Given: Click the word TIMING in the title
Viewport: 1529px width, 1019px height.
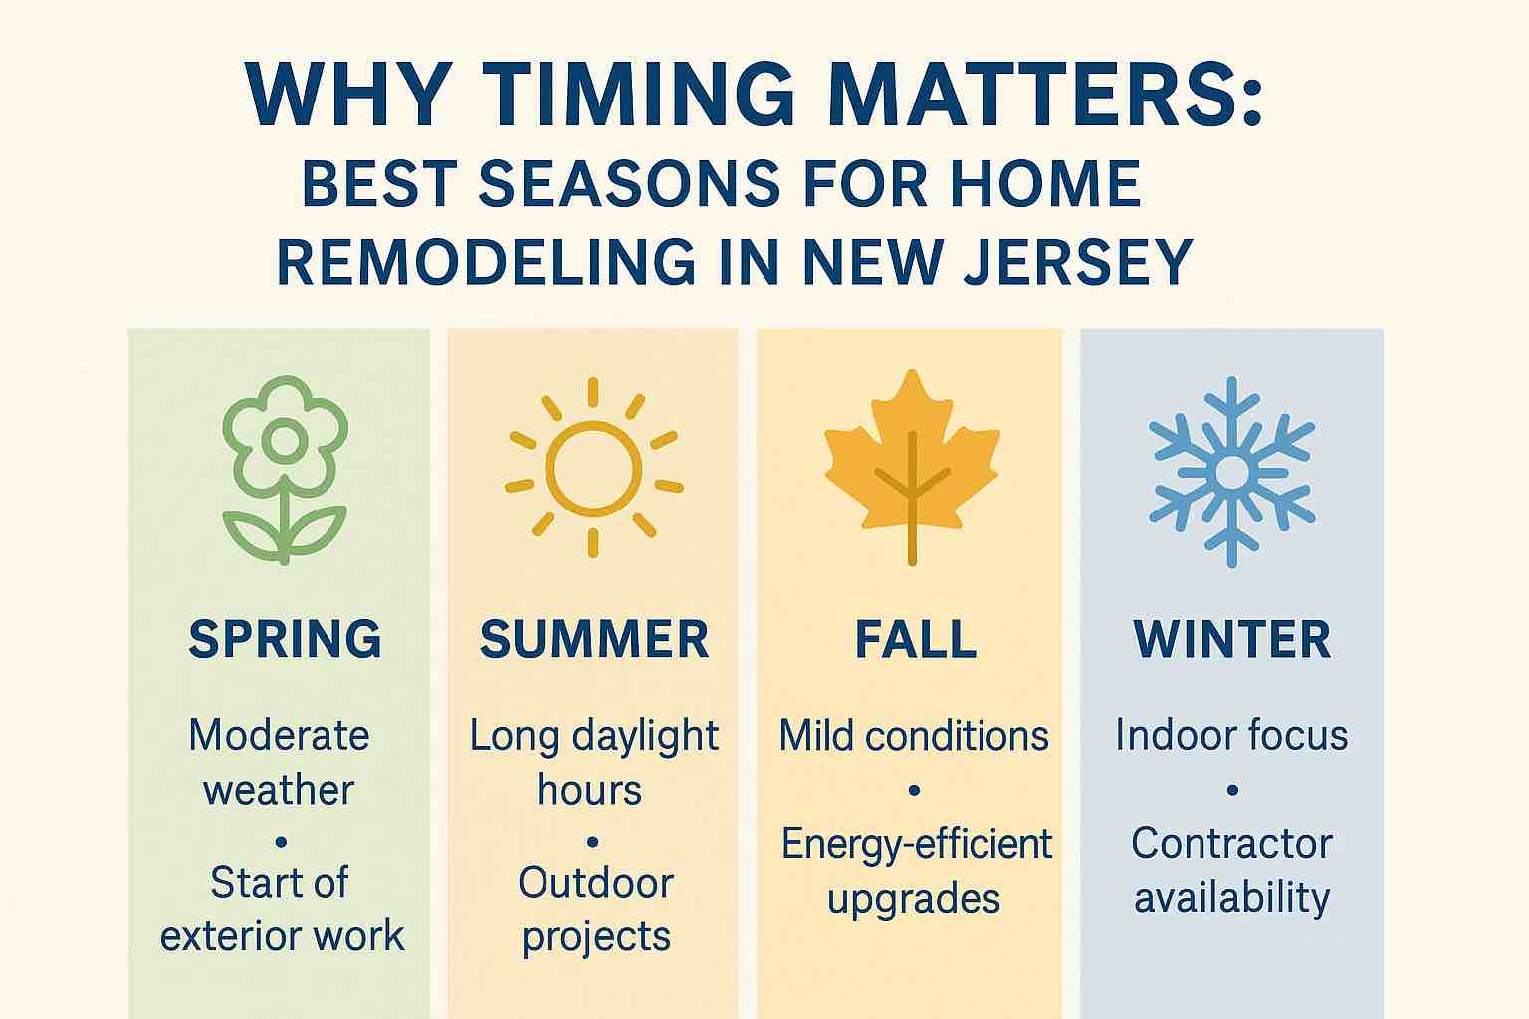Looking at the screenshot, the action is tap(642, 95).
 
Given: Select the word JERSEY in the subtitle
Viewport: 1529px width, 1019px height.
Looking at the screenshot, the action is tap(1077, 262).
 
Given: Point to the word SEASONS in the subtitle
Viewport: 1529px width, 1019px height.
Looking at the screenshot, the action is tap(629, 183).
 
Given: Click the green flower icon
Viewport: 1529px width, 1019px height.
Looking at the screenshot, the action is tap(286, 471).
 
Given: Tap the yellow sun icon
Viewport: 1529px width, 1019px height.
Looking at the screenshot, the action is tap(593, 469).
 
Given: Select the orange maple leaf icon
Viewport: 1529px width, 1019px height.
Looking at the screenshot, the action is tap(913, 468).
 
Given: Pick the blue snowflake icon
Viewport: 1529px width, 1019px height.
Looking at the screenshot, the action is tap(1232, 472).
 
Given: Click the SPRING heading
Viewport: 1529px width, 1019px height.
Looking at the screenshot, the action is tap(286, 639).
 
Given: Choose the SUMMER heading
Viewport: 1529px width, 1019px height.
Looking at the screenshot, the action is tap(594, 639).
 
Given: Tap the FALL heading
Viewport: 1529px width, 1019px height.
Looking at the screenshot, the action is tap(916, 639).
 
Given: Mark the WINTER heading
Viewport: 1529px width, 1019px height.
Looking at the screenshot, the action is tap(1232, 639).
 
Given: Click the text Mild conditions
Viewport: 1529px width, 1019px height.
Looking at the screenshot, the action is tap(914, 736).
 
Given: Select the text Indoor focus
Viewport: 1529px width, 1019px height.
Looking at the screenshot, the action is tap(1232, 735).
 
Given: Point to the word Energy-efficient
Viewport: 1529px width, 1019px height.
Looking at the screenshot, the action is tap(917, 844).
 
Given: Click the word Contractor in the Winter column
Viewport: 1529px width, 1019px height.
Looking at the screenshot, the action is tap(1232, 844).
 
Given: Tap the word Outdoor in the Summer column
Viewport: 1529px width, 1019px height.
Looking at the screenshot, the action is tap(596, 883).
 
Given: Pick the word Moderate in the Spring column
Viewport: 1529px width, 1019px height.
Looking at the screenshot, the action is tap(279, 735).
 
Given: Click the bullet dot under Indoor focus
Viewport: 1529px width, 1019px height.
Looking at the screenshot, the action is tap(1232, 790).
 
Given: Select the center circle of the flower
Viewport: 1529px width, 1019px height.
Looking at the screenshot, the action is tap(285, 440).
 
